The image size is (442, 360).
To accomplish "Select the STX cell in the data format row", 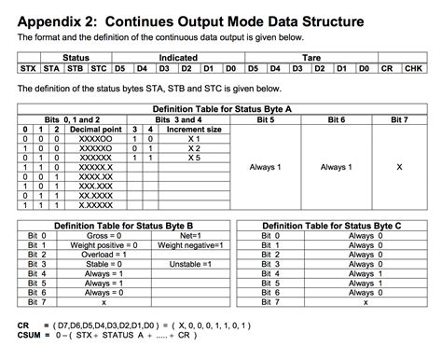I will click(28, 68).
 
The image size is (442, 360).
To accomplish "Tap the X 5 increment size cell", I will click(194, 157).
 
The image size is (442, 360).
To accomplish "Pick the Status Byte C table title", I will click(332, 226).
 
